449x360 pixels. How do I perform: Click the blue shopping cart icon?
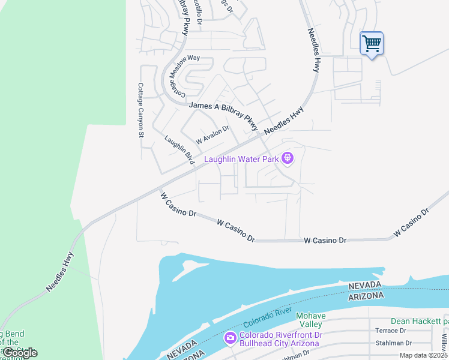pos(372,43)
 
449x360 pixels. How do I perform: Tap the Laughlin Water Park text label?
pos(243,159)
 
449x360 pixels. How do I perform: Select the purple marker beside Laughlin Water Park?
pos(288,158)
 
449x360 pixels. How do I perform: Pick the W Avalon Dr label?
pos(212,134)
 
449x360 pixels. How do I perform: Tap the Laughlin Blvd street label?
pos(179,150)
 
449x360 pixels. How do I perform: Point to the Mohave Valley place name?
pos(311,321)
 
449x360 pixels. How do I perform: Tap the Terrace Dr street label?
pos(390,331)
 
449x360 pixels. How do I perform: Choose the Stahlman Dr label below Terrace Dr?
pos(394,343)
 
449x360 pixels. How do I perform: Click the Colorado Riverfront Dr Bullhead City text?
pos(279,339)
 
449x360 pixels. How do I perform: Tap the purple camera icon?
pos(230,339)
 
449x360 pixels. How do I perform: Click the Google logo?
pos(20,353)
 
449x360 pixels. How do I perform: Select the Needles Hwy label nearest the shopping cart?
pos(313,50)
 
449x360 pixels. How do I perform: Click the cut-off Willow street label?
pos(444,343)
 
